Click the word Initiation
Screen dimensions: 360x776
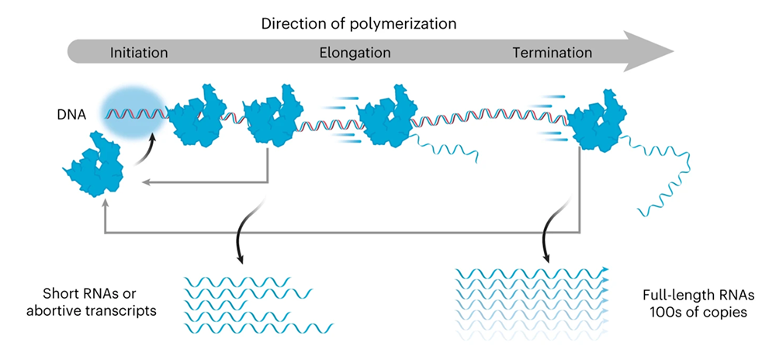click(139, 54)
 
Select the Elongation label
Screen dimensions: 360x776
click(355, 54)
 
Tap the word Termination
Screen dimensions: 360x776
click(553, 54)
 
